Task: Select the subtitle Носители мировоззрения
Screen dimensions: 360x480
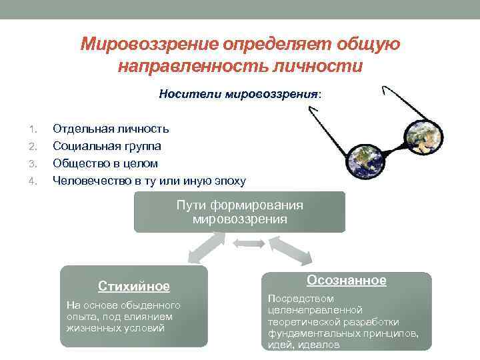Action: (x=239, y=94)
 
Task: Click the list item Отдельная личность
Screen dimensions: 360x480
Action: (x=111, y=128)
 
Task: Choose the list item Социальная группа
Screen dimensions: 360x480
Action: (x=107, y=145)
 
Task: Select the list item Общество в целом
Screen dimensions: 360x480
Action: (x=105, y=163)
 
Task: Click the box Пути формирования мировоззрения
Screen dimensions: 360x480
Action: (x=239, y=212)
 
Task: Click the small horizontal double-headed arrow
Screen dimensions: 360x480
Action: (x=246, y=245)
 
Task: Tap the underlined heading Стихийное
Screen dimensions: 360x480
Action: (x=134, y=287)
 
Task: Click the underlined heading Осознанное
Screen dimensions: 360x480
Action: (x=346, y=281)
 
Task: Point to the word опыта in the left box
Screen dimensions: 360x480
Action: (x=79, y=317)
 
